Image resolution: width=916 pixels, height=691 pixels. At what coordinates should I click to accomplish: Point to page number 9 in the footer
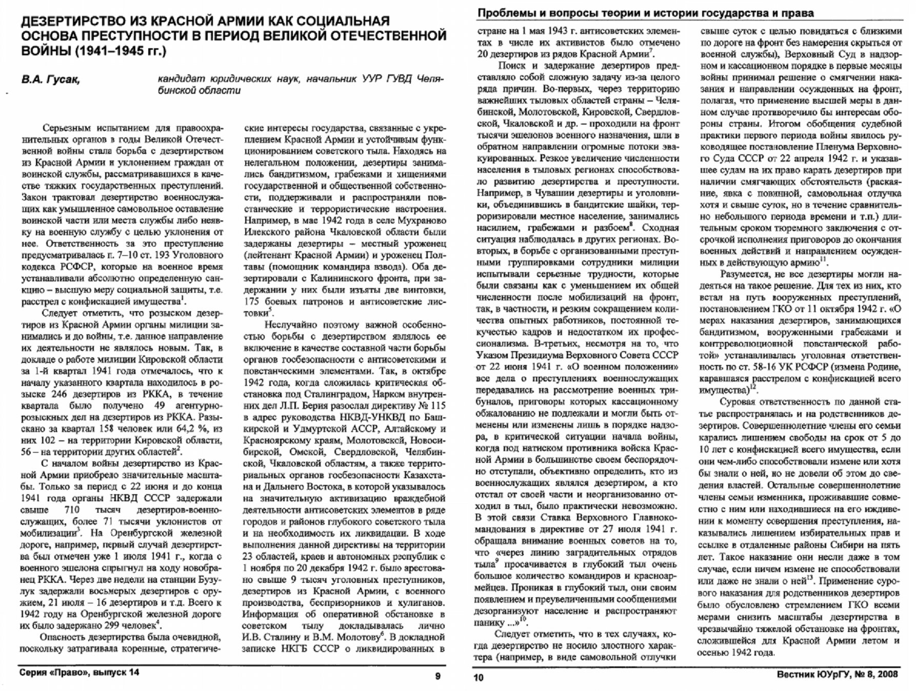437,676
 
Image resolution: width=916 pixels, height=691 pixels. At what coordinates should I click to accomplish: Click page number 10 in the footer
478,678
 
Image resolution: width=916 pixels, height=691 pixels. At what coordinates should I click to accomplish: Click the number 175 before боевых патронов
253,301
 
